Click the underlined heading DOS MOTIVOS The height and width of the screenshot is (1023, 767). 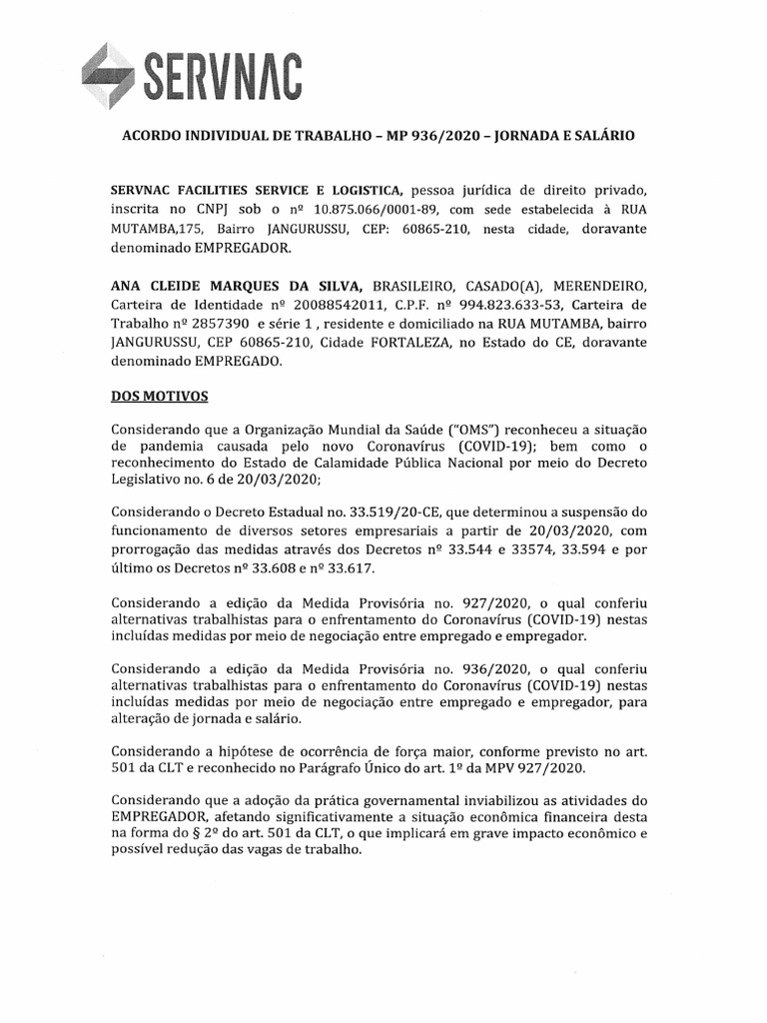pyautogui.click(x=160, y=396)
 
